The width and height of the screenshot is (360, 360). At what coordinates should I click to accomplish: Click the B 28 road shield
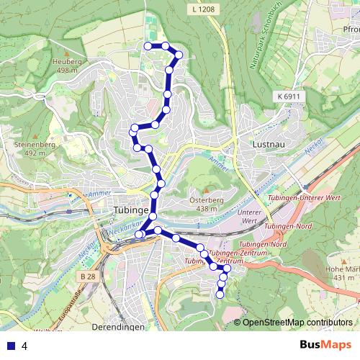89,276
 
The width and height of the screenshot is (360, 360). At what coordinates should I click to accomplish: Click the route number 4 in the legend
24,346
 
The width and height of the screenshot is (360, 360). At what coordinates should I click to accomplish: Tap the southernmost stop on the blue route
220,294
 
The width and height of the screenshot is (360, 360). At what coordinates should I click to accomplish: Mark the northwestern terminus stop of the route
148,46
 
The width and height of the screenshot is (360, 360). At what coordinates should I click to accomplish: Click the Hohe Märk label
341,273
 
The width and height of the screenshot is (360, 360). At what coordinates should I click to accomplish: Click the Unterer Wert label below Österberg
248,217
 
